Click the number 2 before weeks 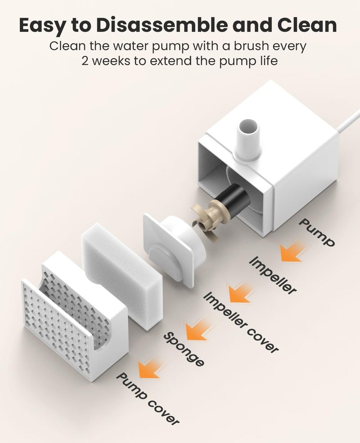pyautogui.click(x=85, y=61)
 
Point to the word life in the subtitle pyautogui.click(x=268, y=60)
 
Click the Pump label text pyautogui.click(x=317, y=232)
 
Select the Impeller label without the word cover pyautogui.click(x=273, y=275)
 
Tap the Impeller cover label pyautogui.click(x=241, y=322)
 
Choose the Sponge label pyautogui.click(x=184, y=349)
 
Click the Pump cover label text pyautogui.click(x=148, y=398)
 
